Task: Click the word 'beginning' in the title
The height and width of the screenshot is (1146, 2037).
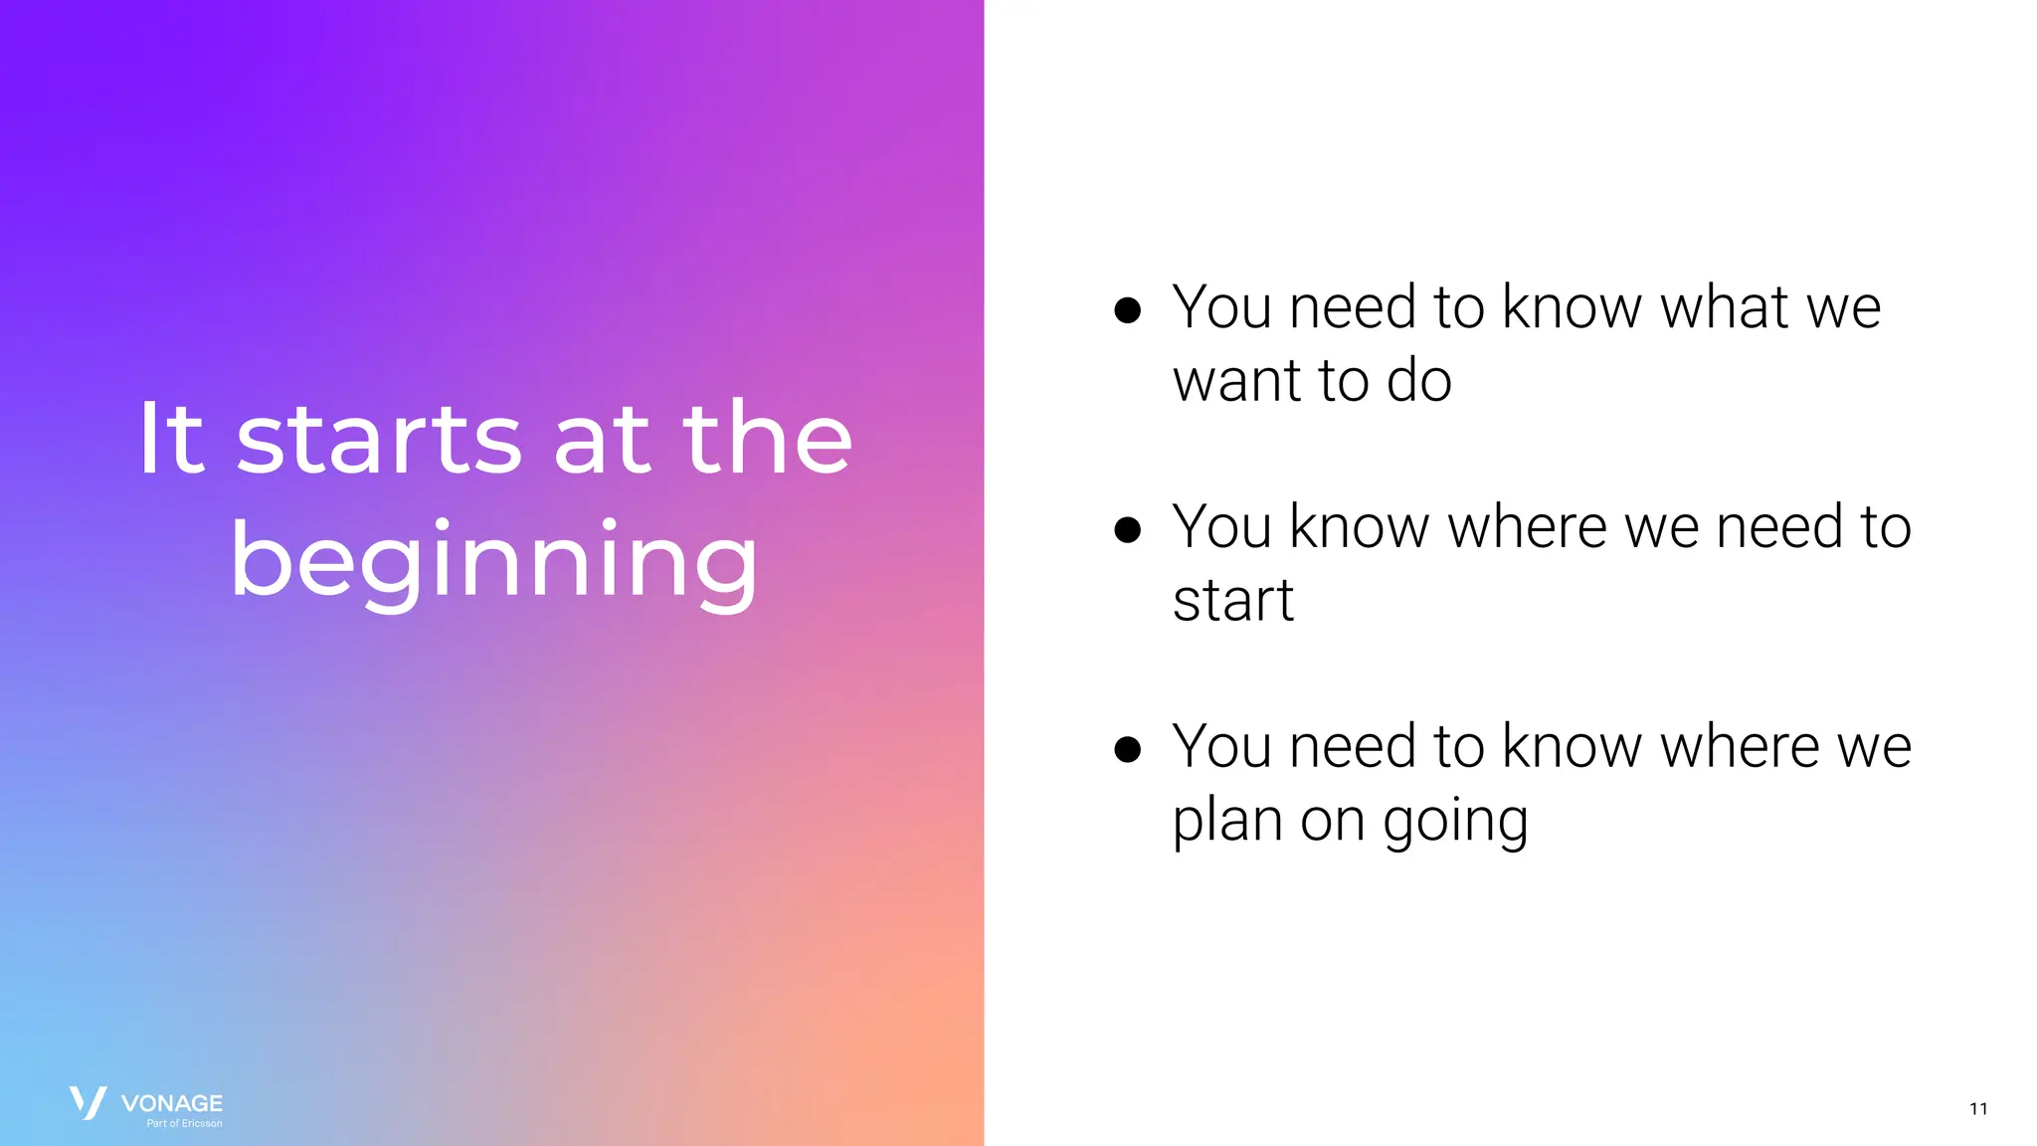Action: click(x=494, y=562)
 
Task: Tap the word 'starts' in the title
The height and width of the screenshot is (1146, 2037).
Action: click(x=379, y=439)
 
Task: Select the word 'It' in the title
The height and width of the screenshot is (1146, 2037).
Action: click(x=171, y=439)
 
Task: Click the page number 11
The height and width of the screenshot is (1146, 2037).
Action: click(x=1978, y=1108)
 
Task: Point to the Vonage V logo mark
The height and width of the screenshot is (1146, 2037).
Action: click(x=88, y=1102)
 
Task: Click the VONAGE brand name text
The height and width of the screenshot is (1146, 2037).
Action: click(x=172, y=1102)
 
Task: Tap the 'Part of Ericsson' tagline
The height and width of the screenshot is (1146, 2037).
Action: click(x=185, y=1123)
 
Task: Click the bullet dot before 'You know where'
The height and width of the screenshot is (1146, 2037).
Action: click(x=1127, y=529)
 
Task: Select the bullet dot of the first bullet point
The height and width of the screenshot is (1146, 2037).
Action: click(x=1127, y=310)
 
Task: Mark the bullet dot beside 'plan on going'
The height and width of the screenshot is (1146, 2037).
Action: click(x=1127, y=749)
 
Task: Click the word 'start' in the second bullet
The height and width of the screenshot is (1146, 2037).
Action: click(x=1233, y=601)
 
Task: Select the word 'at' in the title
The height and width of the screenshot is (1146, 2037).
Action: click(x=601, y=439)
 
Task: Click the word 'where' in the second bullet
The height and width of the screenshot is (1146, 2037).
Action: click(x=1527, y=526)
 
